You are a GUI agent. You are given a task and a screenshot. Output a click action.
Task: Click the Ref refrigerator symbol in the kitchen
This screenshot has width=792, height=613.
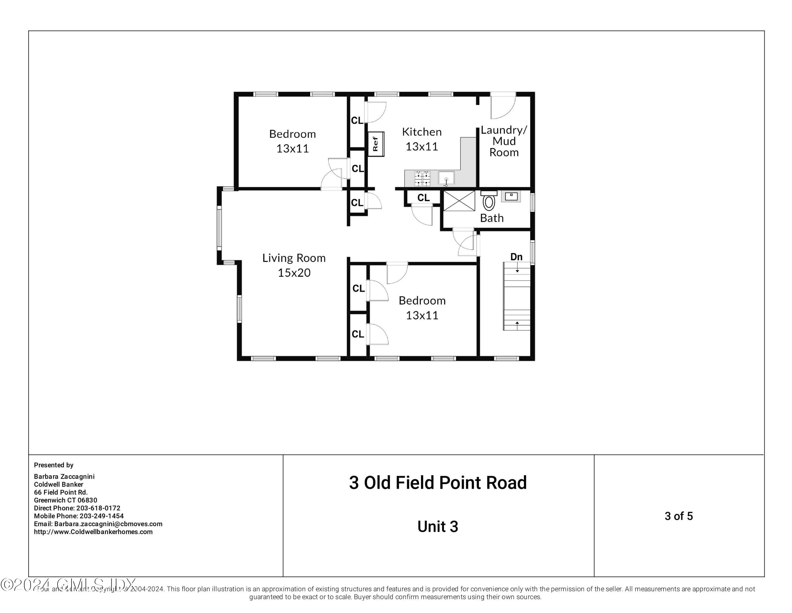pos(376,144)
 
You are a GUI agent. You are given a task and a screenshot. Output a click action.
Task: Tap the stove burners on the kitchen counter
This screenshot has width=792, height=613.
pos(422,178)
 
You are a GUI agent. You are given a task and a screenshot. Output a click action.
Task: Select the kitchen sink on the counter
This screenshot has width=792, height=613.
pos(446,178)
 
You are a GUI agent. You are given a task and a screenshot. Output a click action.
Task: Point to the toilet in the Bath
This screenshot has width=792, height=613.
pos(489,202)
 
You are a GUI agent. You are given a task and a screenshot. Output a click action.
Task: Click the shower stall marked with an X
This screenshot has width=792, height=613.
pos(459,201)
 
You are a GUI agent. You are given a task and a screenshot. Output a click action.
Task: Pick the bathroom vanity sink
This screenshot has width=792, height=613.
pos(511,196)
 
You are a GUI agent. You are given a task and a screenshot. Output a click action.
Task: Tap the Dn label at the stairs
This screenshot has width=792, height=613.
pos(516,257)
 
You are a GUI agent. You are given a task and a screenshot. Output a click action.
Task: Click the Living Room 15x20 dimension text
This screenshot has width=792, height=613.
pos(294,273)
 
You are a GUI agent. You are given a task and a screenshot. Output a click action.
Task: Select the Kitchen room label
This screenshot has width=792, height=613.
pos(422,132)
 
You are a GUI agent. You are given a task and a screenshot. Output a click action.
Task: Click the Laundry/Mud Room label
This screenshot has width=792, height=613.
pos(504,141)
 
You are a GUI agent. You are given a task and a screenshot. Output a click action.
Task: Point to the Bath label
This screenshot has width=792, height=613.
pos(492,218)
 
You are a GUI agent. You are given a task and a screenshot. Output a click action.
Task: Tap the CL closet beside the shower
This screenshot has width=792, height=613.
pos(423,198)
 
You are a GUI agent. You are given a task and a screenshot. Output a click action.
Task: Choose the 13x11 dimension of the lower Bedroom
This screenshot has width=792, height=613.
pos(422,315)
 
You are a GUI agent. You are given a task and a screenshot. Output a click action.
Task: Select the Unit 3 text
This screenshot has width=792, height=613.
pos(438,526)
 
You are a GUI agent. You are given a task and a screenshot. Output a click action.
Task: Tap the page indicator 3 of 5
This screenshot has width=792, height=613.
pos(678,516)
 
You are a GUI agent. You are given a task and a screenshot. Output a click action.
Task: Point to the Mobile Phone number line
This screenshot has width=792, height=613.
pos(79,516)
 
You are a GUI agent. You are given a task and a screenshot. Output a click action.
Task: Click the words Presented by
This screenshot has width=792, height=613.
pos(54,465)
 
